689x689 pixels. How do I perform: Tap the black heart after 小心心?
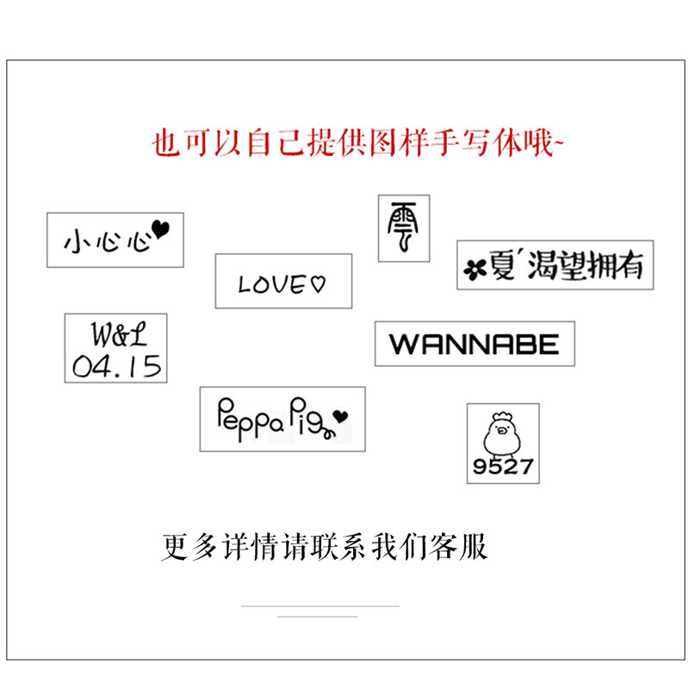(161, 228)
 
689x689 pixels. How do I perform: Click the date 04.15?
(116, 366)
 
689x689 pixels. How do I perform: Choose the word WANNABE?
(475, 344)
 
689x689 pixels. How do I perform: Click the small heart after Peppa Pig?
(341, 417)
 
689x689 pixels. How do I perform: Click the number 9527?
(503, 468)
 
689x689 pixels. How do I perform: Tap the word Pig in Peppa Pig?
(310, 416)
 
